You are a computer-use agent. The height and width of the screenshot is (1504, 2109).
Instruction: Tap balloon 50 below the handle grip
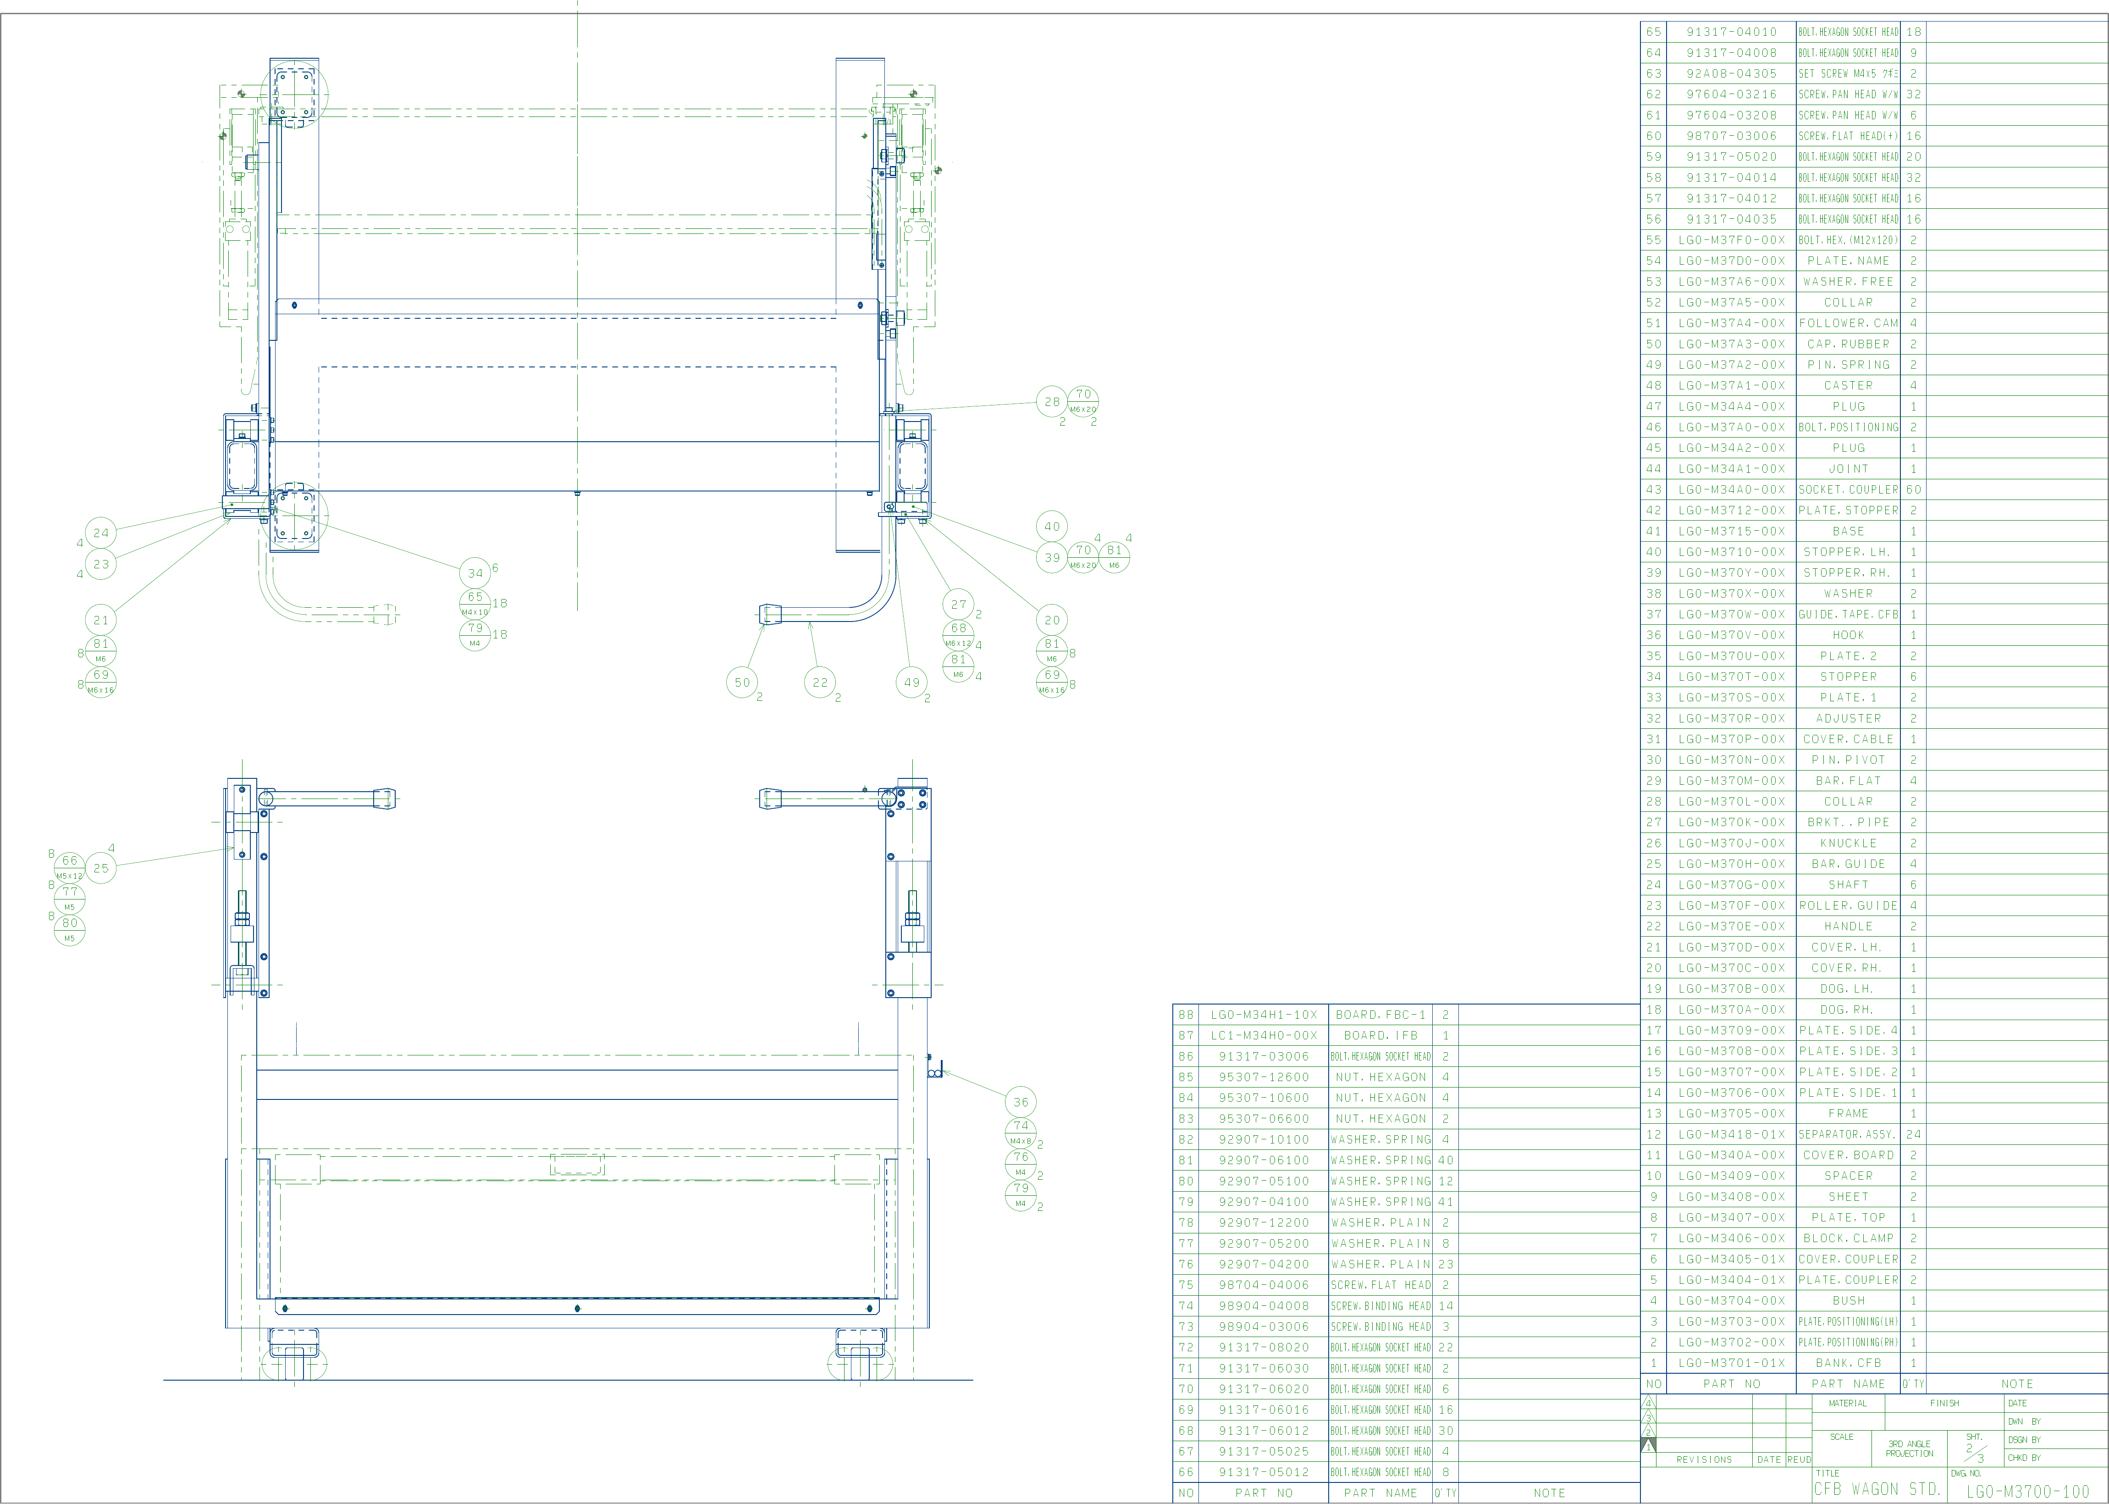(x=742, y=683)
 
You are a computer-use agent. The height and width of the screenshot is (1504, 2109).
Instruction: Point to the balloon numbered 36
(x=1020, y=1102)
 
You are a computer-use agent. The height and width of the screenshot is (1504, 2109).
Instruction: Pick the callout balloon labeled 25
(x=101, y=868)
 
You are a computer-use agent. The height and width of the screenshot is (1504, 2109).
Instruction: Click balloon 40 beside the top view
(x=1052, y=526)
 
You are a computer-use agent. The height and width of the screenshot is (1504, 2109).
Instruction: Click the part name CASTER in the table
(x=1848, y=385)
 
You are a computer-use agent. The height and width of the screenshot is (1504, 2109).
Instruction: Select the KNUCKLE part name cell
(x=1848, y=843)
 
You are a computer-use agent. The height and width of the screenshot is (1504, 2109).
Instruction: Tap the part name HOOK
(x=1848, y=635)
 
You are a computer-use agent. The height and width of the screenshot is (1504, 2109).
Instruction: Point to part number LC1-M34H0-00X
(x=1264, y=1035)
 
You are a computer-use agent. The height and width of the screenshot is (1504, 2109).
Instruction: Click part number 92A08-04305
(x=1731, y=73)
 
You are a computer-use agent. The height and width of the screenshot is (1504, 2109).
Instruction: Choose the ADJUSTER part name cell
(x=1848, y=719)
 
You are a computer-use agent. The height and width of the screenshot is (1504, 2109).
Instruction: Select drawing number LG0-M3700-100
(x=2027, y=1491)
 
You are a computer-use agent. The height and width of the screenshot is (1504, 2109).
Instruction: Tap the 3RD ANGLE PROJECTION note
(x=1909, y=1449)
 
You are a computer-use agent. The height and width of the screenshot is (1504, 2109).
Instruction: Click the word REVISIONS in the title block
(x=1704, y=1460)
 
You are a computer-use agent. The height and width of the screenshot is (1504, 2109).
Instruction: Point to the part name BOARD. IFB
(x=1380, y=1035)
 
